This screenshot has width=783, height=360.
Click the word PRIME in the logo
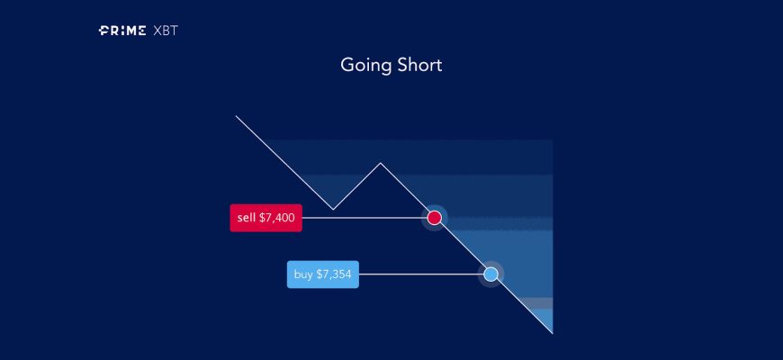122,31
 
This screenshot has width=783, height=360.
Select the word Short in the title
419,65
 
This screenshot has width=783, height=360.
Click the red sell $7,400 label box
265,218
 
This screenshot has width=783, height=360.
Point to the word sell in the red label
247,218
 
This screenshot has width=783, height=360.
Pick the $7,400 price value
277,218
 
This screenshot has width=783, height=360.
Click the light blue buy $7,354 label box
322,274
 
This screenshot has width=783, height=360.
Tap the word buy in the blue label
303,274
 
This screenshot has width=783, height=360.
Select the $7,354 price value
334,274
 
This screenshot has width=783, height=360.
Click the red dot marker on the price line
435,218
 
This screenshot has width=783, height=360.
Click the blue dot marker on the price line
490,274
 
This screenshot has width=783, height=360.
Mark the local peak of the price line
381,163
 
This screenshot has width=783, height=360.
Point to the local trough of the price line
333,209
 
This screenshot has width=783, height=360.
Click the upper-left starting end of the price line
236,116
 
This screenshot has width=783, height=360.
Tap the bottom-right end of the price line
553,333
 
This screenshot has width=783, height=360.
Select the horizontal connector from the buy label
421,274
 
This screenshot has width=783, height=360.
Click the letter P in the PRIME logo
103,31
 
